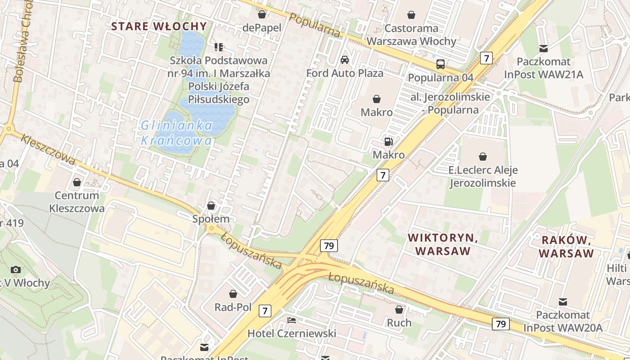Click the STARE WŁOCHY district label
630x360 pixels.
pos(159,26)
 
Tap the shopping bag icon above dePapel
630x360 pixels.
pos(262,14)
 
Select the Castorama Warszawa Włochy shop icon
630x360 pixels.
pos(411,15)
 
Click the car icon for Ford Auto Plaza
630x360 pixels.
pos(345,60)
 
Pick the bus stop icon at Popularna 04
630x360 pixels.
pos(441,64)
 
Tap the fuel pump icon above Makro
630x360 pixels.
pos(388,142)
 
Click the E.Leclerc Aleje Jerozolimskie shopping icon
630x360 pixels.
pos(483,157)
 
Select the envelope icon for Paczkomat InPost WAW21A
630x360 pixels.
pos(544,48)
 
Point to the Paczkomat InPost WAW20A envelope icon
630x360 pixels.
pos(562,301)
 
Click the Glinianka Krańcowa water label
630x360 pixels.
pos(176,133)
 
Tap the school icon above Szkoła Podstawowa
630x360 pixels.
pos(219,47)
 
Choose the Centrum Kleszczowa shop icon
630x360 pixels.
pos(77,182)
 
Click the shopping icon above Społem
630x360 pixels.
pos(211,206)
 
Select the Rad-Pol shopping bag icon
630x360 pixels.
pos(233,294)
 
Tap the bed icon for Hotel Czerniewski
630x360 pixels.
pos(292,320)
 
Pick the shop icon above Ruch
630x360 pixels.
pos(399,310)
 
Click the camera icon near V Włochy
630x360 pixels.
pos(16,270)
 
